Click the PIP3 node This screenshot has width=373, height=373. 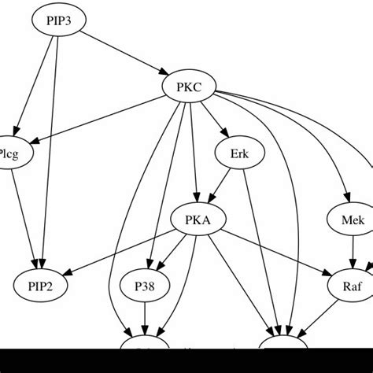57,21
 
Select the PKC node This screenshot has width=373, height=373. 188,87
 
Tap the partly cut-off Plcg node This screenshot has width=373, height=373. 14,153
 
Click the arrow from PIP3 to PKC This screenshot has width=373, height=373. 122,54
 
